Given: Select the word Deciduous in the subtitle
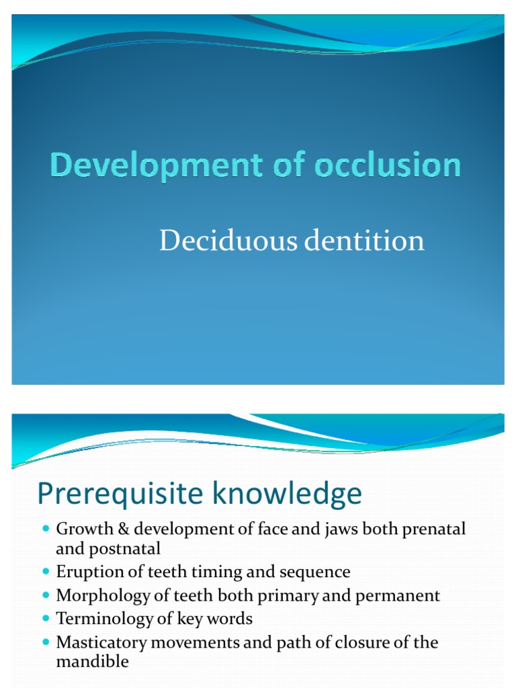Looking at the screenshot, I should click(x=228, y=241).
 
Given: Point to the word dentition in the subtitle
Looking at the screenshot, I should click(x=364, y=241).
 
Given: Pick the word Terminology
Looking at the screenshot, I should click(x=101, y=619).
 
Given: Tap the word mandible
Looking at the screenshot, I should click(x=92, y=662).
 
